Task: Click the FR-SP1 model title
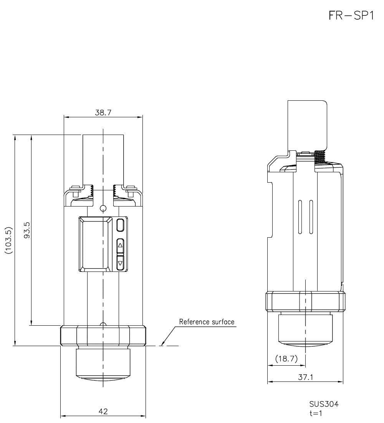[x=351, y=16]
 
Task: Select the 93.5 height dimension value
[x=27, y=230]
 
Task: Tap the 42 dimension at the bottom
[x=103, y=411]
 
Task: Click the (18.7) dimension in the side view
[x=286, y=359]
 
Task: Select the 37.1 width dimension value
[x=306, y=377]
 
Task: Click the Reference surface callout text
[x=207, y=322]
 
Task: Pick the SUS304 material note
[x=324, y=404]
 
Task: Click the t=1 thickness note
[x=316, y=413]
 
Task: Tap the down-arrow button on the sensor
[x=121, y=263]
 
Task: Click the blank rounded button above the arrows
[x=121, y=225]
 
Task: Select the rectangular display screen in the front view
[x=94, y=243]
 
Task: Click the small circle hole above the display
[x=103, y=208]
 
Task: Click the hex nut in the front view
[x=103, y=335]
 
